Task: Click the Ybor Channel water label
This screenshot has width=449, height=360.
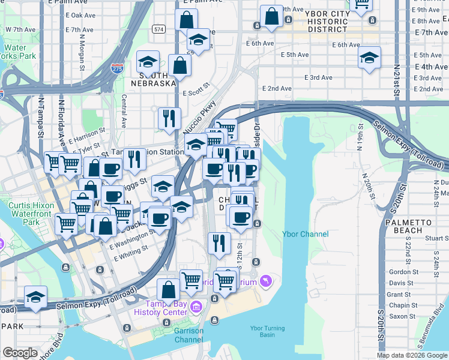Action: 306,234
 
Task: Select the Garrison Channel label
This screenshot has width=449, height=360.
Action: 188,335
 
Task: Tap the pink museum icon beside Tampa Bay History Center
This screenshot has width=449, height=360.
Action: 195,308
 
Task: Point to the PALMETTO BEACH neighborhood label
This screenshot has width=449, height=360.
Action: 408,226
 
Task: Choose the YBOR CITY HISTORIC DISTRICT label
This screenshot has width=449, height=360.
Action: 327,21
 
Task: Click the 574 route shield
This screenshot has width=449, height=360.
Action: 158,29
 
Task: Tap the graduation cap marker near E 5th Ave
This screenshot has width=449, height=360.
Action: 369,58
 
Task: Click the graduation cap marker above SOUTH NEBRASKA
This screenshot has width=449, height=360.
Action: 147,62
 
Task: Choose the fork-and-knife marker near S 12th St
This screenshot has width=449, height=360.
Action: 219,242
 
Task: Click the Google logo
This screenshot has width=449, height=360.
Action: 20,353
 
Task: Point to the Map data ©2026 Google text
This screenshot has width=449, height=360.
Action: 412,355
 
